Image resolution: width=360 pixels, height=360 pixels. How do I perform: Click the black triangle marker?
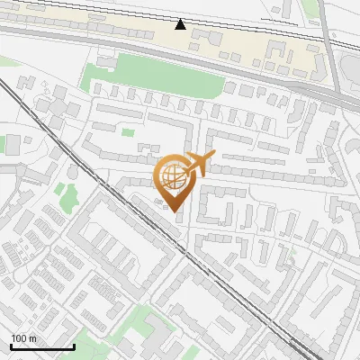click(181, 24)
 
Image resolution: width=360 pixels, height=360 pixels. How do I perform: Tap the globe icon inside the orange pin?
click(175, 175)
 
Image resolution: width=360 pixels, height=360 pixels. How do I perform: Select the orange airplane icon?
click(201, 165)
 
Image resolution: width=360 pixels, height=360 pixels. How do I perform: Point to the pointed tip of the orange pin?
click(175, 211)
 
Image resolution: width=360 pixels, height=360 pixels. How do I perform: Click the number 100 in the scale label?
click(19, 338)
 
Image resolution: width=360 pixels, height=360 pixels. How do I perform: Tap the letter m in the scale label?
click(31, 338)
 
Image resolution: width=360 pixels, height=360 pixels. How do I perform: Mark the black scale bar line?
click(41, 346)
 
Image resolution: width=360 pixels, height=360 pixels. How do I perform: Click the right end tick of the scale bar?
click(74, 345)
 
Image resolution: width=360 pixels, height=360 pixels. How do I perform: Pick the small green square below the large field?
click(128, 132)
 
